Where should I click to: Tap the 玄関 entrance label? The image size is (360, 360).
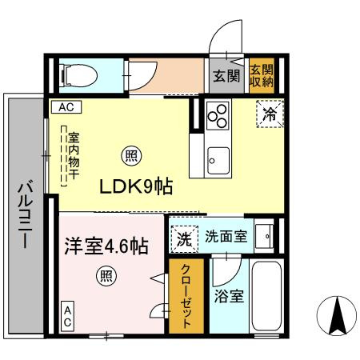pos(226,76)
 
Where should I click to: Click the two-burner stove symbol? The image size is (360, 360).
pos(218,118)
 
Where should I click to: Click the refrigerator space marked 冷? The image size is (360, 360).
pos(270,114)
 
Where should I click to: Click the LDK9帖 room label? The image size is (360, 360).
pos(136,186)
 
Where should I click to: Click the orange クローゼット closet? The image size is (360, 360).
pos(182,296)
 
